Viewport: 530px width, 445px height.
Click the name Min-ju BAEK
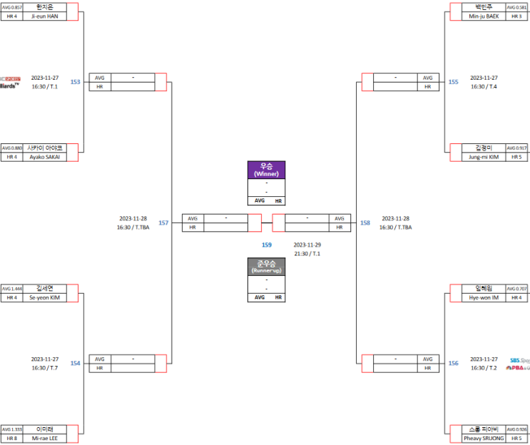coord(484,16)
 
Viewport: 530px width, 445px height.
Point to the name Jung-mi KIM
coord(484,157)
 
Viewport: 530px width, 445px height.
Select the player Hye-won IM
coord(484,297)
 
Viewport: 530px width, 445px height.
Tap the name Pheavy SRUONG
coord(484,439)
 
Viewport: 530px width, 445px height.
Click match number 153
coord(75,82)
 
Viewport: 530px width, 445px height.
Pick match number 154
coord(75,364)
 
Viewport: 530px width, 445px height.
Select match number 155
coord(454,82)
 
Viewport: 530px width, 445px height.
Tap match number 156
coord(454,364)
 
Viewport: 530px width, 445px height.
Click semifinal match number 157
coord(163,223)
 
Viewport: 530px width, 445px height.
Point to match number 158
coord(365,223)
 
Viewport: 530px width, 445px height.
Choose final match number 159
coord(266,245)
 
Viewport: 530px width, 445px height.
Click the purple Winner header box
coord(266,170)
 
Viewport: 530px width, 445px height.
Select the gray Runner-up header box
coord(266,267)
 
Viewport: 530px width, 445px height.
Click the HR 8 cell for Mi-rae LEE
coord(11,439)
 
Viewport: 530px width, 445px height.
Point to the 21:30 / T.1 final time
coord(307,253)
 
